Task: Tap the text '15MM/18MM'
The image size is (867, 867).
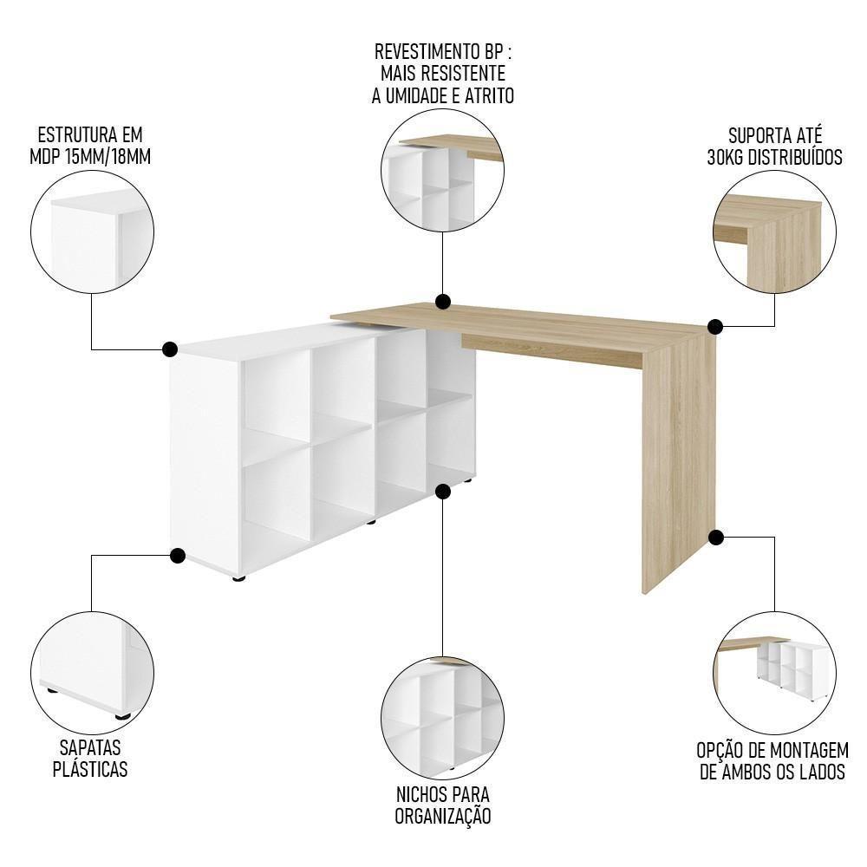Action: [x=106, y=158]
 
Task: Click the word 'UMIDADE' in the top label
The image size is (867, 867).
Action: [x=427, y=96]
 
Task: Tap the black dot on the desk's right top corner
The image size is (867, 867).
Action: [x=715, y=327]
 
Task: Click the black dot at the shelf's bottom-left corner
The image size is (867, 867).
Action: [x=178, y=556]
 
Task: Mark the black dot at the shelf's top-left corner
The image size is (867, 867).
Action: [x=170, y=349]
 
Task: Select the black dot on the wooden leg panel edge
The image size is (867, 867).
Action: [x=715, y=537]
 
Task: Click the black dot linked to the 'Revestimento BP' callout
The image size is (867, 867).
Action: [x=443, y=302]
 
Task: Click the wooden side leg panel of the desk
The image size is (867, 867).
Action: [x=678, y=468]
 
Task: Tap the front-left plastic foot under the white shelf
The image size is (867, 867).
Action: [x=239, y=577]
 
